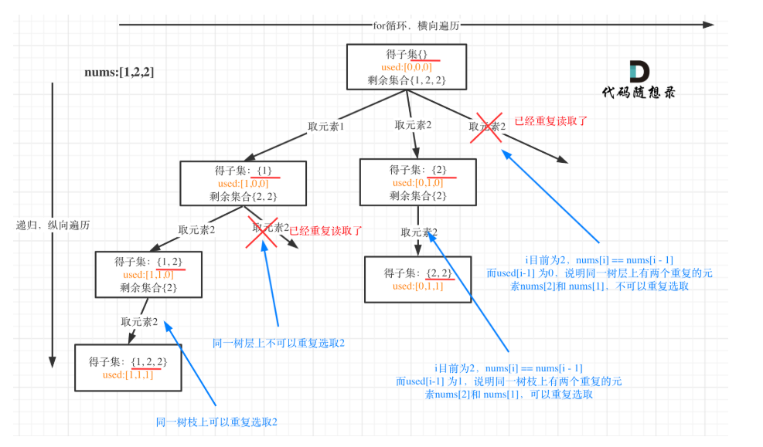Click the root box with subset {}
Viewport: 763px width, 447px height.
(407, 67)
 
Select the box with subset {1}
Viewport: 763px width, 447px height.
(244, 183)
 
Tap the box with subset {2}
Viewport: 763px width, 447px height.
(418, 182)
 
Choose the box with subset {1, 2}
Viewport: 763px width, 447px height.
(148, 275)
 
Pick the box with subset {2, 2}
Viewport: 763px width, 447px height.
(418, 279)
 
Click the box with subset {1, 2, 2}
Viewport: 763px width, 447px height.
(128, 367)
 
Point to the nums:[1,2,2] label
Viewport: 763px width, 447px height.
(119, 73)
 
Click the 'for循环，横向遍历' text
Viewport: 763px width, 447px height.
(416, 25)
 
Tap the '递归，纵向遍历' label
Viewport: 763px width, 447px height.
(53, 225)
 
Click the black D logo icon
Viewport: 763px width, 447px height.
(639, 72)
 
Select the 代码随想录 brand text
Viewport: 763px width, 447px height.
(639, 93)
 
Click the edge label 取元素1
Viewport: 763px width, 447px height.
(326, 127)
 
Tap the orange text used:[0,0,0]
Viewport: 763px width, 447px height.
(407, 67)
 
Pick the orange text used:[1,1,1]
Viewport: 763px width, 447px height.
(128, 374)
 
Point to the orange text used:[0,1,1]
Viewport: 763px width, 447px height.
(418, 286)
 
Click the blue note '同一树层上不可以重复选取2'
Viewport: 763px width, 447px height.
(279, 343)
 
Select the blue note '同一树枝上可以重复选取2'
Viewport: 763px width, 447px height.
(216, 422)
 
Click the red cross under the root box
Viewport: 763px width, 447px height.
(486, 128)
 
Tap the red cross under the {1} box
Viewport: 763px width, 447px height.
(262, 232)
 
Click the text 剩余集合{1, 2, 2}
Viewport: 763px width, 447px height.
(407, 80)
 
